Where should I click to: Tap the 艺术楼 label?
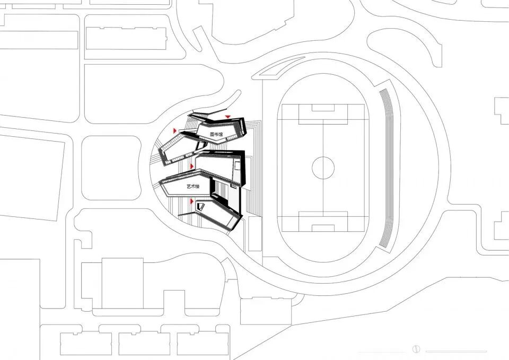tap(194, 187)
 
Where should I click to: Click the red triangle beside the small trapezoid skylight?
tap(192, 201)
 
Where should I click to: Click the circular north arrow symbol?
tap(416, 349)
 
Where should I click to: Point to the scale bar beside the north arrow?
tap(456, 350)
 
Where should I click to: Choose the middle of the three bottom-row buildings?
tap(141, 343)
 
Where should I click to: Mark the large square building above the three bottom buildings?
tap(122, 283)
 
